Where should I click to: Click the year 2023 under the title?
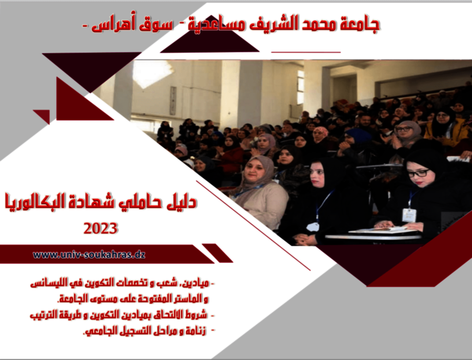[100, 228]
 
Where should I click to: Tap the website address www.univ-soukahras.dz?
[89, 255]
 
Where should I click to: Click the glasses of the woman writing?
[419, 173]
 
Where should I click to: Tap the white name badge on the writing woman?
[409, 215]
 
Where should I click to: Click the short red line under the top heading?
[306, 52]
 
